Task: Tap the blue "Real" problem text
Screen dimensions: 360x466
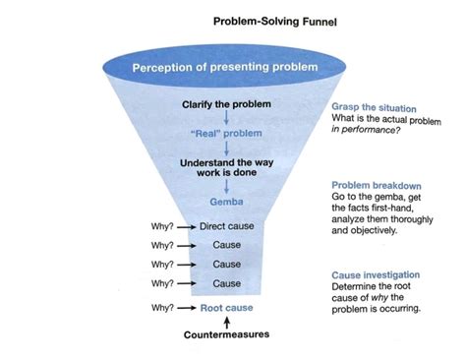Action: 226,132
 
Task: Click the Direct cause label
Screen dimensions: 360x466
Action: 226,226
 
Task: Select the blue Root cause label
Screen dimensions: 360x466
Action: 226,308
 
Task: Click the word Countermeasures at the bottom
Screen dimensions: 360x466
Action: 226,335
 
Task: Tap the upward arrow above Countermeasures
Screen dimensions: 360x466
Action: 226,322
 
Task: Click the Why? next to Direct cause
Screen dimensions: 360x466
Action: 162,226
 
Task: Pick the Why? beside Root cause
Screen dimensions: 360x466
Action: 162,308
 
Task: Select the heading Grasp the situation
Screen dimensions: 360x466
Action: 375,108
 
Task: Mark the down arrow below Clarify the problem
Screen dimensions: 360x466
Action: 226,118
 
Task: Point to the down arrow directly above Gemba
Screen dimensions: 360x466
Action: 226,188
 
